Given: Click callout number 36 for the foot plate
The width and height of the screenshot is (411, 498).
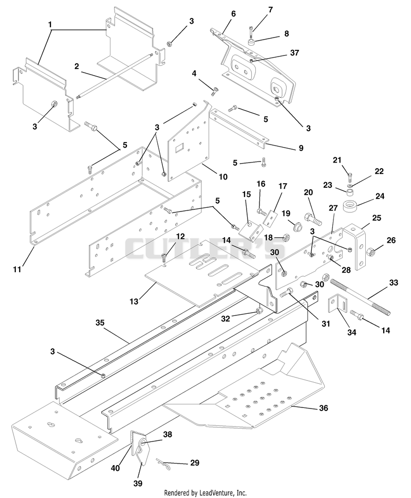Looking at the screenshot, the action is pyautogui.click(x=324, y=407).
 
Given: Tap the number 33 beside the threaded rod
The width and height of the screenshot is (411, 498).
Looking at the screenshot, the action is pyautogui.click(x=394, y=282).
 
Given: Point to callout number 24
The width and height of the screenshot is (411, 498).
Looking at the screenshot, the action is pyautogui.click(x=380, y=196).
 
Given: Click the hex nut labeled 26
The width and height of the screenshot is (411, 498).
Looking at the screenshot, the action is pyautogui.click(x=370, y=253).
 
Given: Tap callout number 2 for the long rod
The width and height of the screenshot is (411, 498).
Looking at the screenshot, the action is pyautogui.click(x=77, y=66).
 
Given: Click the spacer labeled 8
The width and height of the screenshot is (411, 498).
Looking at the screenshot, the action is pyautogui.click(x=252, y=42).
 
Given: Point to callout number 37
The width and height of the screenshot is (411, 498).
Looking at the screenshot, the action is pyautogui.click(x=294, y=52).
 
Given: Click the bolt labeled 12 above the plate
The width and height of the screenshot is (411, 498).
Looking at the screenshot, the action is pyautogui.click(x=164, y=256).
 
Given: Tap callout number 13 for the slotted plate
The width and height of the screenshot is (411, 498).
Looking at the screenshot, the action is pyautogui.click(x=134, y=301).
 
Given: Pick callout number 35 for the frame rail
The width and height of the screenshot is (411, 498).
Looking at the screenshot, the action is pyautogui.click(x=100, y=323).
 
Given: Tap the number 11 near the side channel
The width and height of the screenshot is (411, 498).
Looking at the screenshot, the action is pyautogui.click(x=17, y=270).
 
